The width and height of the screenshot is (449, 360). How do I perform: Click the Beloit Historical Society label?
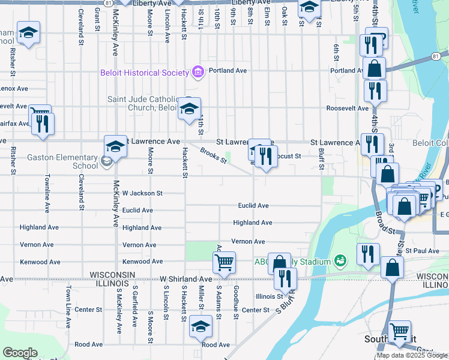tap(144, 73)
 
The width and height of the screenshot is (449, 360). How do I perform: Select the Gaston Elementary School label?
tap(62, 161)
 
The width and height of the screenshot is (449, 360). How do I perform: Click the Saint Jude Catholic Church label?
tap(142, 103)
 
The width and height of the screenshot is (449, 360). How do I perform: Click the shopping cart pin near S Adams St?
tap(224, 262)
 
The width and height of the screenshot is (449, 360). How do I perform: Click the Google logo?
tap(20, 353)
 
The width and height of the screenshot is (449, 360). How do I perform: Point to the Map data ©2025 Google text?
tap(412, 355)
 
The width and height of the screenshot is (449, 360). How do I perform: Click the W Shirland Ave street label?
tap(185, 279)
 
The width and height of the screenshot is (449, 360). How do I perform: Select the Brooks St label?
tap(213, 155)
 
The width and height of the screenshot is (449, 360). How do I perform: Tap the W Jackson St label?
tap(142, 193)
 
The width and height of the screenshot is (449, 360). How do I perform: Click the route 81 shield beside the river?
tap(435, 56)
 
